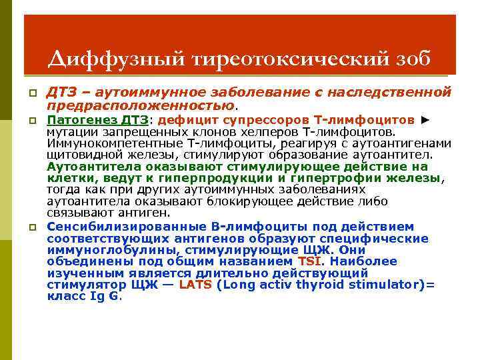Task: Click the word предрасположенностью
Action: coord(140,105)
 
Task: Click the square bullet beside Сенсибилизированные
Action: coord(31,227)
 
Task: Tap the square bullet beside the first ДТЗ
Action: coord(31,93)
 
